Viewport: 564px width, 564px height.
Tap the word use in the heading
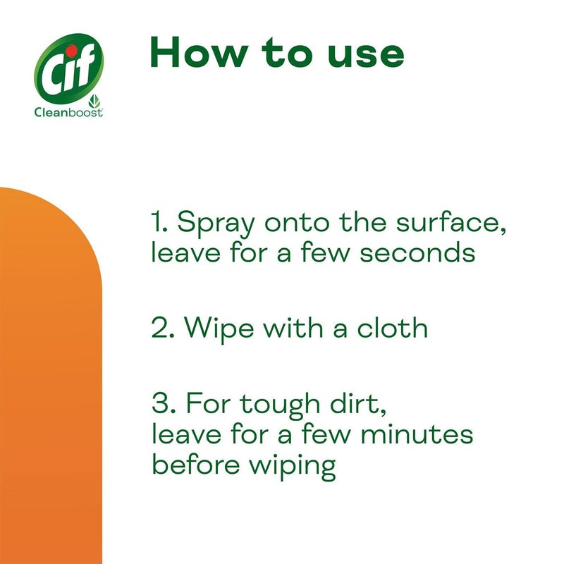pyautogui.click(x=367, y=53)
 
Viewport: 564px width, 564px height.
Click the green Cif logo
pyautogui.click(x=70, y=68)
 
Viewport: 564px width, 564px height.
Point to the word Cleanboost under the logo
pyautogui.click(x=65, y=112)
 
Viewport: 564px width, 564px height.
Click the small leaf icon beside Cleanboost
pyautogui.click(x=97, y=101)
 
